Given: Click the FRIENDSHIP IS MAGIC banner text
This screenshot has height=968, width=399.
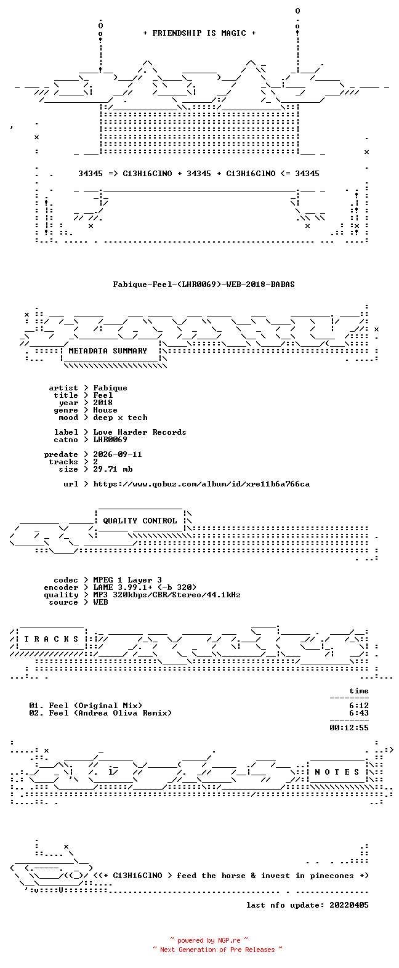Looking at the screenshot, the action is coord(199,33).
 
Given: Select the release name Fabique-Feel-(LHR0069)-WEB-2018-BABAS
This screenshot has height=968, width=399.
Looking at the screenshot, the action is coord(204,284).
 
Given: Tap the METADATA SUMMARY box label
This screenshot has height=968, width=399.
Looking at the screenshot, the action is coord(108,351).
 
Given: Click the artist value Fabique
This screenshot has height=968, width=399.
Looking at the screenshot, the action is coord(110,388).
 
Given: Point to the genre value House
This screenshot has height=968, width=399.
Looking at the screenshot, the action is coord(105,410).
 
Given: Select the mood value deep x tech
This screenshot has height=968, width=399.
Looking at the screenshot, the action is coord(120,417).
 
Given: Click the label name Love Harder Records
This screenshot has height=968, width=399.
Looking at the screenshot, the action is coord(140,432).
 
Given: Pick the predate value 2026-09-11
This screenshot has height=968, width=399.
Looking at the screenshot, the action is coord(118,454).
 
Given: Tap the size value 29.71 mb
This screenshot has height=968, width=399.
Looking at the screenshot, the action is coord(113,469).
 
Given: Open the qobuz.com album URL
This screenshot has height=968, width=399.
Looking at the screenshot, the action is coord(201,484).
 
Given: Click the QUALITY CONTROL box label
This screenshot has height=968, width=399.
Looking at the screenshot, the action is coord(140,521).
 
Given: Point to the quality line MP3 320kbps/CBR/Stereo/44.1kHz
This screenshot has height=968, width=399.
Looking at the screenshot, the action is coord(167,595).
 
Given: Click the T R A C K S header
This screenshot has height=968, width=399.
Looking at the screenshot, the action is coord(51,639).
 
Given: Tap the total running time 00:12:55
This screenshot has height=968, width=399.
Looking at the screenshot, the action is coord(349,728).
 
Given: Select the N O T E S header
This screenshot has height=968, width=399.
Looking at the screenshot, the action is coord(337,772).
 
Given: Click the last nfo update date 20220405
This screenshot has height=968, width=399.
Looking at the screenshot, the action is coord(349,905).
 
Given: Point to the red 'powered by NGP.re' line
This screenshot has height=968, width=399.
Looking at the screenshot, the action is coord(209,940).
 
